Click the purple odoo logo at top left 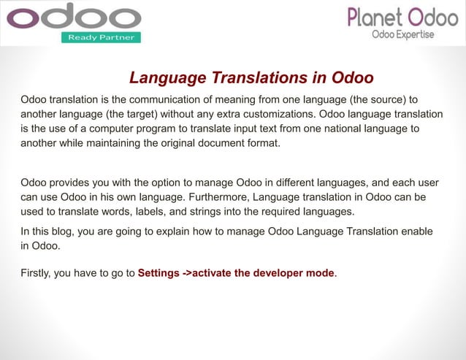pos(73,17)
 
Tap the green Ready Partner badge pos(101,37)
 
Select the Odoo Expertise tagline pos(402,34)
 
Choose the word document pos(218,143)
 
